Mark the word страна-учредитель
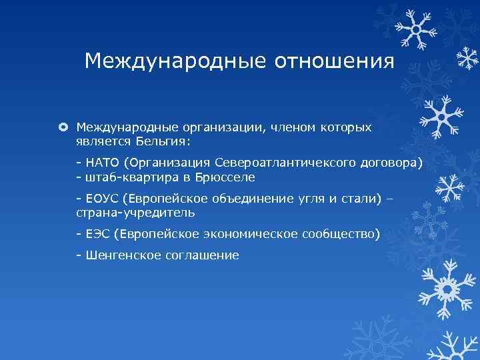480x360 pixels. pos(135,213)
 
